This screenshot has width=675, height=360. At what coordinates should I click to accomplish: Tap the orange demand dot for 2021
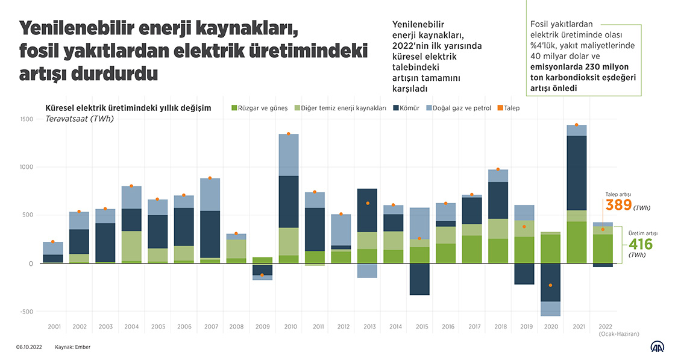[x=576, y=125]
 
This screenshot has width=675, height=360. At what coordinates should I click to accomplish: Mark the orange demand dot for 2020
[x=550, y=285]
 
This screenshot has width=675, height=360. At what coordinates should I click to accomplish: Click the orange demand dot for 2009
[x=262, y=276]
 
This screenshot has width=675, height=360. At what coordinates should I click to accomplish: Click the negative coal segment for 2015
[x=420, y=279]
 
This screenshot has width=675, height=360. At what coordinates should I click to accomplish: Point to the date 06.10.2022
[x=28, y=347]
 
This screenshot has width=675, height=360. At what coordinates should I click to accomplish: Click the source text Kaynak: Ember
[x=73, y=347]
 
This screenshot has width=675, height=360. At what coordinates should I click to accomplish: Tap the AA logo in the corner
[x=656, y=346]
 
